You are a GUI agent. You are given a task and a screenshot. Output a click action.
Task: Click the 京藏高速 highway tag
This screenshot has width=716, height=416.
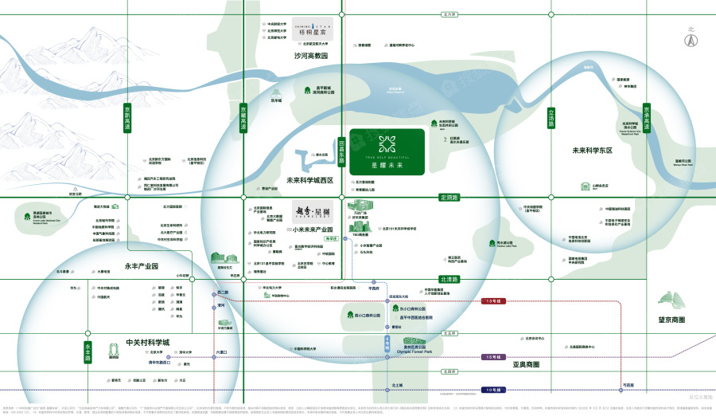244,118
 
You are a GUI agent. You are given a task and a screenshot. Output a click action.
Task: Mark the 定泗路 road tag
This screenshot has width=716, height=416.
450,197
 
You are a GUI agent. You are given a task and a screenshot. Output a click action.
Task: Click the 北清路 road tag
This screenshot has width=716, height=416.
450,279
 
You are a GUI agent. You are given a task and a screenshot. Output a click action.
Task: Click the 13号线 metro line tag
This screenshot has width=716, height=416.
492,301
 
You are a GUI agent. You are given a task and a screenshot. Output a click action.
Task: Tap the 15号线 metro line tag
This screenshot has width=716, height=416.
492,356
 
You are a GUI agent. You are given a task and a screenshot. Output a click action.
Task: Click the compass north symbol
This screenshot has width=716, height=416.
691,37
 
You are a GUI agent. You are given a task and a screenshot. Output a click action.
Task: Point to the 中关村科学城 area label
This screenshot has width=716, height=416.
147,343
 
